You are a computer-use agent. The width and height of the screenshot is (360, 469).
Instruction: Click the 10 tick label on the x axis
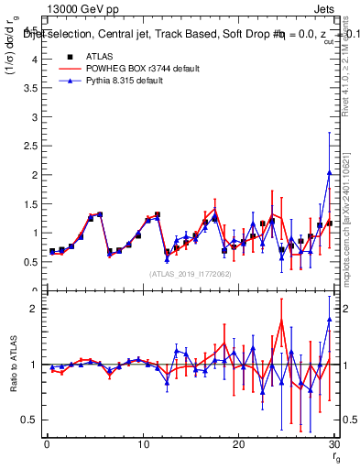point(142,444)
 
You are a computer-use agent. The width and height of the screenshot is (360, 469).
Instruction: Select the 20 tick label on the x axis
point(238,444)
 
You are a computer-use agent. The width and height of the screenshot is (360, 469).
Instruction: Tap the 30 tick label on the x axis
point(333,444)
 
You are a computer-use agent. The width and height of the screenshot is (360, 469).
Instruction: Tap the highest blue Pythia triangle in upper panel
point(329,172)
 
